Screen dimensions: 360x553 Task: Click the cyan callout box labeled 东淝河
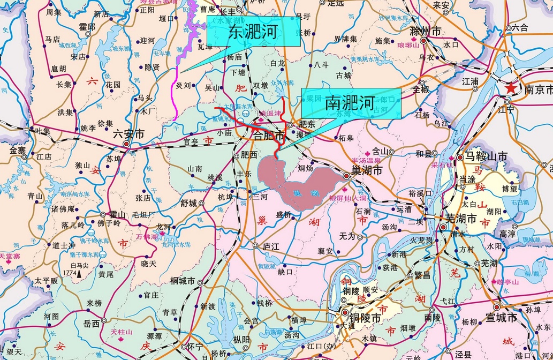pos(253,32)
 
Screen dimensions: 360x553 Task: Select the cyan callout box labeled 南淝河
pos(351,103)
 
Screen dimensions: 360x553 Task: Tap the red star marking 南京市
pos(512,87)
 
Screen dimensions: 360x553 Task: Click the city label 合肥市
pos(268,136)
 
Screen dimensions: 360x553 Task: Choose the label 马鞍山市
pos(486,157)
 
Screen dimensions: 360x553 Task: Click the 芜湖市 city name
pos(461,219)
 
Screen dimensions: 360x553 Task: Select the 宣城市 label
pos(502,318)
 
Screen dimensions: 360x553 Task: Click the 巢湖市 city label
pos(366,171)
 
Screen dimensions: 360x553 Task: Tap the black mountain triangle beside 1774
pos(80,274)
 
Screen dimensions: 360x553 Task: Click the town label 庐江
pos(272,246)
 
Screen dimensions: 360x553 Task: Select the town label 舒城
pos(189,203)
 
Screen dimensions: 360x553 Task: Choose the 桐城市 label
pos(182,280)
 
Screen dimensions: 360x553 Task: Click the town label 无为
pos(340,236)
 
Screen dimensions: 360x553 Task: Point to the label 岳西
pos(92,324)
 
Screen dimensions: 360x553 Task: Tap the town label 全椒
pos(421,90)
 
